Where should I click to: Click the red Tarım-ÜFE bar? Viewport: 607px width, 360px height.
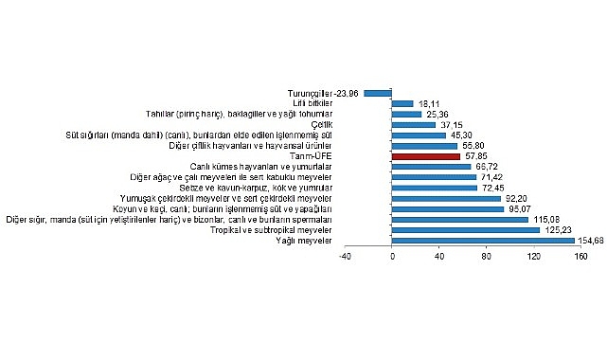[x=425, y=156]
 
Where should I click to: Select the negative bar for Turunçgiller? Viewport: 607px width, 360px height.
[x=378, y=93]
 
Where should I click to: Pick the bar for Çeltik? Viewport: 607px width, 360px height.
[x=414, y=124]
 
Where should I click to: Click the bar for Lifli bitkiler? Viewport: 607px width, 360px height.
[x=402, y=103]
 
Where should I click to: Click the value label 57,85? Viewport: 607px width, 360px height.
[x=476, y=156]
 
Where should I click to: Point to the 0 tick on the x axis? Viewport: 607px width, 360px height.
[x=392, y=256]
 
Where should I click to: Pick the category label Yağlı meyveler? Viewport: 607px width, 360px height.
[x=361, y=241]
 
